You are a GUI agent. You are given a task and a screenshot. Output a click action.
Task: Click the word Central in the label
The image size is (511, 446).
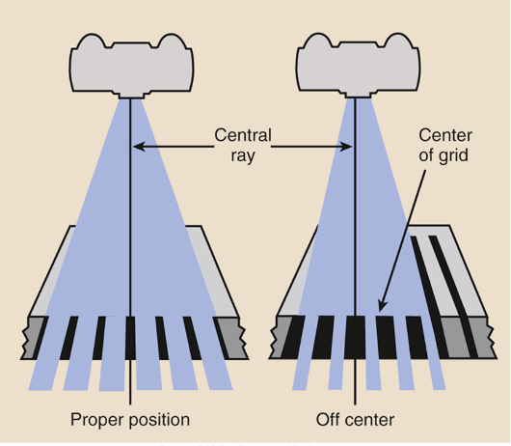tap(243, 134)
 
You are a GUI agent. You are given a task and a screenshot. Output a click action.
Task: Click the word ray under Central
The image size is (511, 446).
tap(243, 155)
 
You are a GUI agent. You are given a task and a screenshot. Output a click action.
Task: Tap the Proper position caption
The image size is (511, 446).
tap(129, 420)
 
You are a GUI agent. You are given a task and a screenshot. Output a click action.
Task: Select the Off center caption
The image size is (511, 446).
tap(356, 420)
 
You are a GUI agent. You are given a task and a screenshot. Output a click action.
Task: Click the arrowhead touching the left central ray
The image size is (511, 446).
tap(137, 147)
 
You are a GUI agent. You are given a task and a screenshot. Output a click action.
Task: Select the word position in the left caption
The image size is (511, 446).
tap(157, 420)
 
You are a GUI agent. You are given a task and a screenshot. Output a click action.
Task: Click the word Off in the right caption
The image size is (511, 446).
tap(329, 420)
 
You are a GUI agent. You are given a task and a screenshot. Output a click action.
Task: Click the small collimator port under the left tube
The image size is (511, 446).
tap(129, 96)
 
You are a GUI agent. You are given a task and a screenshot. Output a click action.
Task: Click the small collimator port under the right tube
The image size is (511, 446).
tap(355, 96)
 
